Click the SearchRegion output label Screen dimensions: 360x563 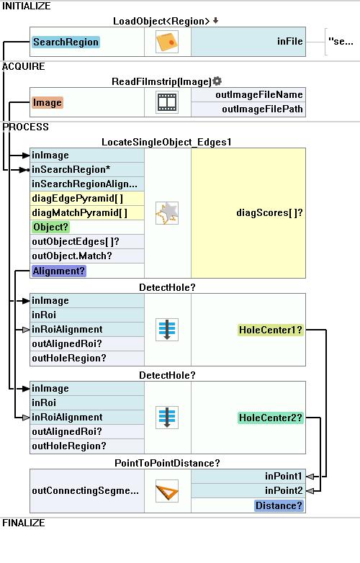[66, 42]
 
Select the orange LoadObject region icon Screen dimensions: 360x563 [167, 42]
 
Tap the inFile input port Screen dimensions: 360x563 [289, 42]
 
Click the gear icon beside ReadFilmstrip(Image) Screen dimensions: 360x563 [217, 81]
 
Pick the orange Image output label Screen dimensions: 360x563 [47, 103]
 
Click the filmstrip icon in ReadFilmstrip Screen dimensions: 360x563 [167, 102]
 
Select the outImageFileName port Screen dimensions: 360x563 [259, 95]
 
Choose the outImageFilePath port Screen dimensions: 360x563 [262, 109]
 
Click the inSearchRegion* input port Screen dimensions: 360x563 [71, 169]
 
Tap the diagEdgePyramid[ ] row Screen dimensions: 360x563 [78, 198]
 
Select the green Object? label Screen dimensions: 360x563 [50, 228]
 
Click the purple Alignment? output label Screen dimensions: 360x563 [59, 271]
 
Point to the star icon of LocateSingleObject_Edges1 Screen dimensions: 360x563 [167, 213]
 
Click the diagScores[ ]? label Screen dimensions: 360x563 [269, 213]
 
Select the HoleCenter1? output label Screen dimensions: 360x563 [271, 330]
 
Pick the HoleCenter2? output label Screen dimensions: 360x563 [271, 418]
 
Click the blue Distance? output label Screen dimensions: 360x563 [279, 505]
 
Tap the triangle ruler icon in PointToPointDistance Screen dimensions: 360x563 [167, 491]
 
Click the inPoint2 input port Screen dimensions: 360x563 [284, 490]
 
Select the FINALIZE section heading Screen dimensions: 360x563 [24, 523]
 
